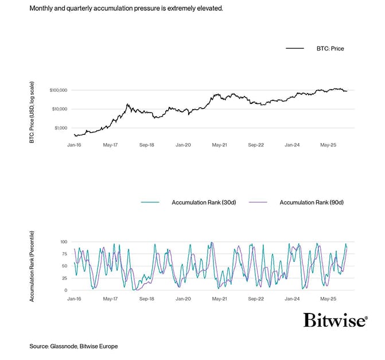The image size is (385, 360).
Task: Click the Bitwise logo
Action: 335,320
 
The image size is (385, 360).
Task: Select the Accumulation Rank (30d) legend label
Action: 201,203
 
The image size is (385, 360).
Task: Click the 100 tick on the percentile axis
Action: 64,242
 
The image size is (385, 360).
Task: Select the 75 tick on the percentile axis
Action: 65,254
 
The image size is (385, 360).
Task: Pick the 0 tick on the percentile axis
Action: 66,291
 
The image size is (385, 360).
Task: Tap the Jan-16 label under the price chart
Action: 75,146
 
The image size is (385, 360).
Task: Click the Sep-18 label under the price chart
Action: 146,146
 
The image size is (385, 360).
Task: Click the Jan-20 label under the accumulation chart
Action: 183,299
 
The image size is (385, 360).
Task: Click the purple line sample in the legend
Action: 260,203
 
